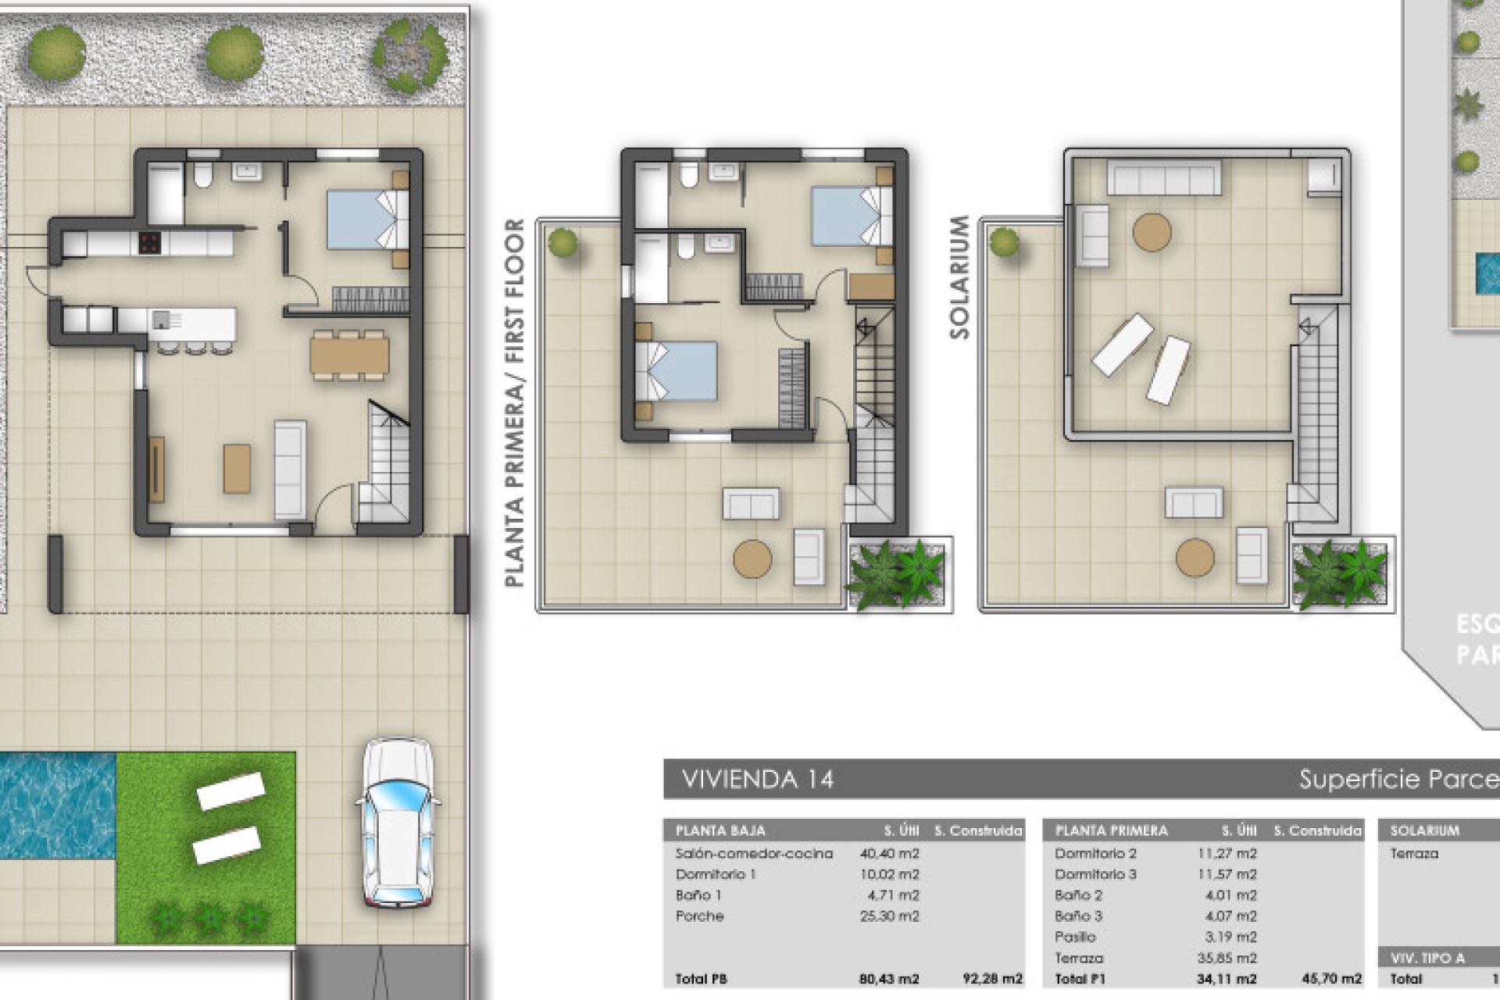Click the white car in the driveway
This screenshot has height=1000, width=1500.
[x=398, y=824]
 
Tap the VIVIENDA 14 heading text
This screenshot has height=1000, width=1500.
[x=757, y=779]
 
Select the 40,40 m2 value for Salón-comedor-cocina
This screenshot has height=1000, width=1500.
[x=889, y=853]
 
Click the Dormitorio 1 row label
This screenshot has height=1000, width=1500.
[x=715, y=874]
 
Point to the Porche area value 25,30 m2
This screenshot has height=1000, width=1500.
[x=889, y=916]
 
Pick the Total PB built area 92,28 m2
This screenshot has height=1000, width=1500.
[x=992, y=978]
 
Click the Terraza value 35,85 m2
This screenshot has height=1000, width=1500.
[x=1230, y=958]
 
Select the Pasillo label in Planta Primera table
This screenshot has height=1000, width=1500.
[x=1075, y=937]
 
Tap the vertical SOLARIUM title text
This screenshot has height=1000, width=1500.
[x=959, y=277]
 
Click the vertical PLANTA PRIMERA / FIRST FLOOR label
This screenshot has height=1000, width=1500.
[x=514, y=402]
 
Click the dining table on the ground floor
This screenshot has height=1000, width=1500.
[x=349, y=355]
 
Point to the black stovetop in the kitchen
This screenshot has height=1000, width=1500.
[x=150, y=242]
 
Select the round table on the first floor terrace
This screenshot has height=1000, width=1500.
[x=752, y=558]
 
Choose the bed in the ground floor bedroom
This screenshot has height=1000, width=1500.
[x=366, y=220]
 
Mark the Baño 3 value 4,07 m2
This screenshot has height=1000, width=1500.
[x=1230, y=916]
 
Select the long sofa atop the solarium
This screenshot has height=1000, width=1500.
[x=1163, y=178]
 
